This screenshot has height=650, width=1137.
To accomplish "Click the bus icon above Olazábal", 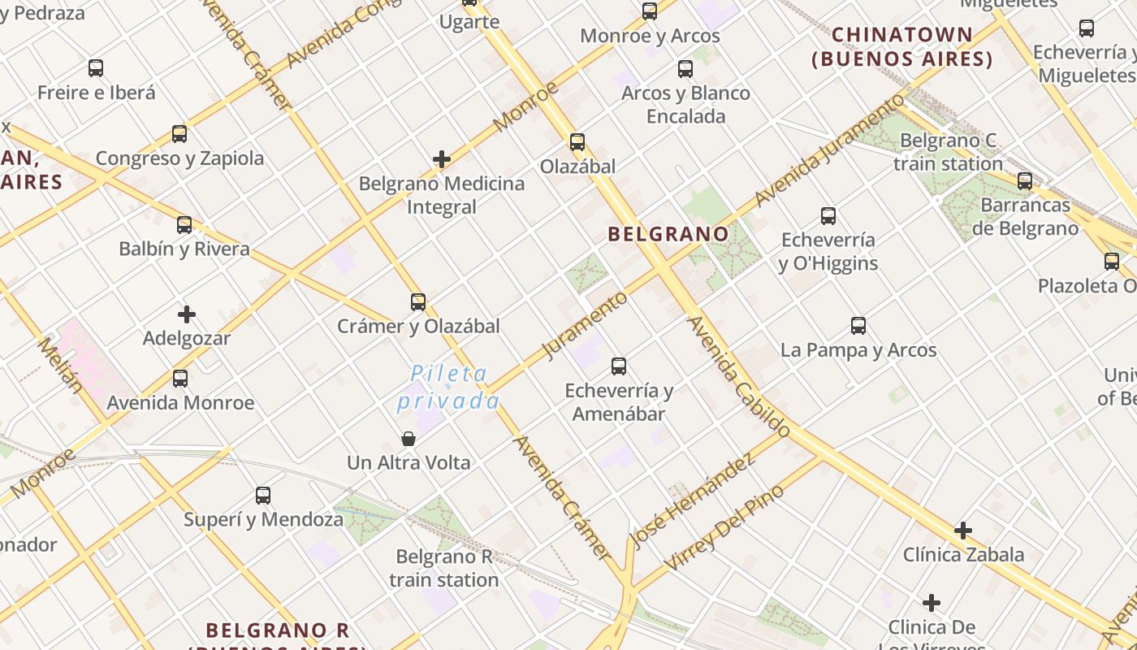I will point(577,142).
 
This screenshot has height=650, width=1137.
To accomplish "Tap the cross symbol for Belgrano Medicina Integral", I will point(442,159).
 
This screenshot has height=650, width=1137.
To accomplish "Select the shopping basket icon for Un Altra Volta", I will point(409,440).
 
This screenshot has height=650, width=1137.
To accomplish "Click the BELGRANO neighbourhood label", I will point(668,234).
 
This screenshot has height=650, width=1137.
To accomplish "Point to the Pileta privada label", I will point(448,387).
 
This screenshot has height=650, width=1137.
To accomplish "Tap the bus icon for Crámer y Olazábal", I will point(418,302).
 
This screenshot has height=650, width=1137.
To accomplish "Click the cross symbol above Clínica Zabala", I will point(963,531).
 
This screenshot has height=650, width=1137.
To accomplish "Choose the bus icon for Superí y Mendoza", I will point(263,496).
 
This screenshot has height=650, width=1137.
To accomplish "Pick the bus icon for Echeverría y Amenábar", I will point(619,366).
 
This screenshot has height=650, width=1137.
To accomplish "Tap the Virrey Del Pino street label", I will point(724,526).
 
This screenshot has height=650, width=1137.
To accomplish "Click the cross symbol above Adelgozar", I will point(187,314).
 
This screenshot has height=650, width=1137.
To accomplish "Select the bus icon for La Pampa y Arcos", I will point(858,326).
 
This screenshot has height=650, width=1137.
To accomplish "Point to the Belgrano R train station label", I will point(443,568).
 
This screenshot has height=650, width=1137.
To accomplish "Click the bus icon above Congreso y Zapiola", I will point(179,134).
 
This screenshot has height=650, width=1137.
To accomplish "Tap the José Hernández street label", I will point(693,500).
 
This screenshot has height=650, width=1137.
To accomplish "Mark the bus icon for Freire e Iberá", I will point(96,68).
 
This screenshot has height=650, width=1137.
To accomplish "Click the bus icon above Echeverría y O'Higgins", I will point(828,216).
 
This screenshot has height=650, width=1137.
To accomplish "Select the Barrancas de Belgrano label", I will point(1025,216).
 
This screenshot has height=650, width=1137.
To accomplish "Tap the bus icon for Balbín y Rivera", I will point(184,225).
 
